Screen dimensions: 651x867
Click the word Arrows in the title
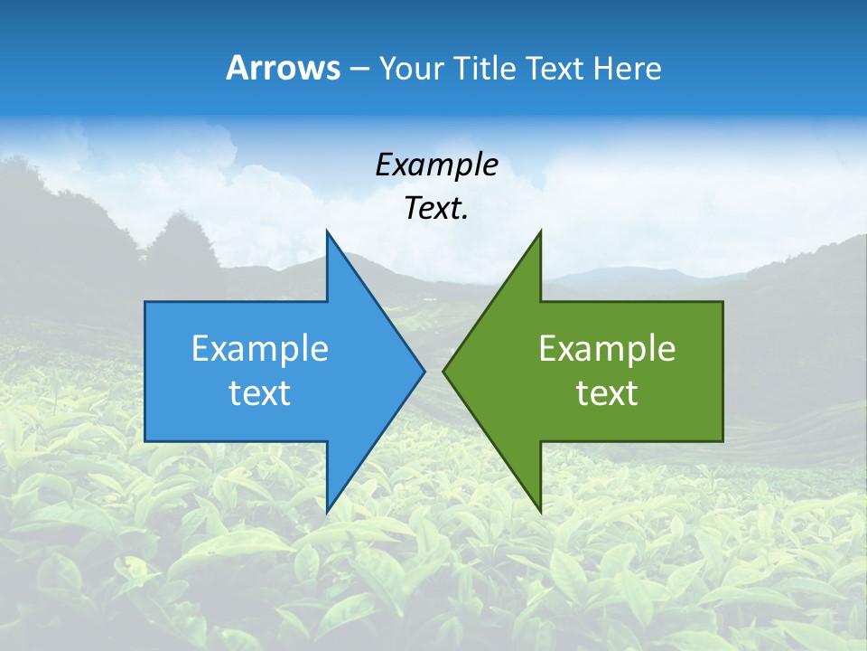pyautogui.click(x=283, y=68)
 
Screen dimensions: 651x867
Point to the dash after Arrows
pyautogui.click(x=359, y=69)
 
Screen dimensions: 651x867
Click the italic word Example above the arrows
pyautogui.click(x=436, y=165)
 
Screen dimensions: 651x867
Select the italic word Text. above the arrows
pyautogui.click(x=436, y=209)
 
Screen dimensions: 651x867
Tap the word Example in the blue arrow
pyautogui.click(x=260, y=349)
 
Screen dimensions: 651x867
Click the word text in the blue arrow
pyautogui.click(x=259, y=393)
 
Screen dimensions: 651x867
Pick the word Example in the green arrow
pyautogui.click(x=607, y=349)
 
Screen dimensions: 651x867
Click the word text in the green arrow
pyautogui.click(x=607, y=393)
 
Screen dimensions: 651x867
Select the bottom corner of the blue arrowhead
pyautogui.click(x=327, y=510)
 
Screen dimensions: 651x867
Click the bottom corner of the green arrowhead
pyautogui.click(x=540, y=510)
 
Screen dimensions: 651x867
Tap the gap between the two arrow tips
pyautogui.click(x=433, y=371)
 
